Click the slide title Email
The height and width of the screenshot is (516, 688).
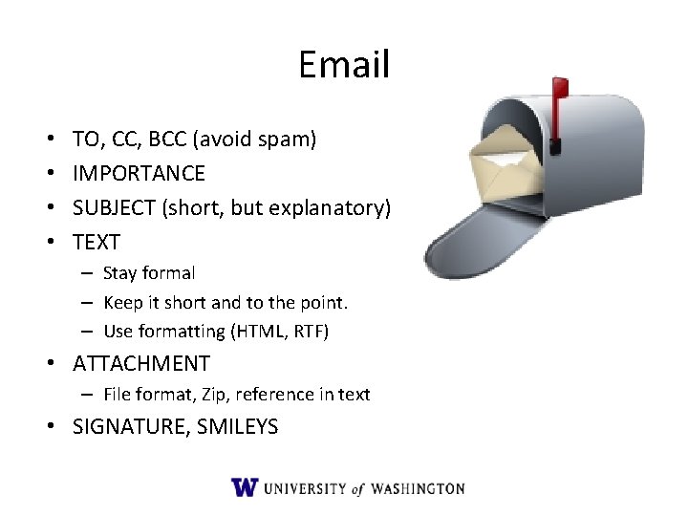click(344, 65)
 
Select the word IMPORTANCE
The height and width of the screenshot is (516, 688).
click(139, 174)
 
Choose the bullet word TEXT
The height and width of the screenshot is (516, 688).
click(97, 243)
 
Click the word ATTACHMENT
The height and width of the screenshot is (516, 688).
click(141, 364)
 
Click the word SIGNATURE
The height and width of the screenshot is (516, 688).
click(131, 427)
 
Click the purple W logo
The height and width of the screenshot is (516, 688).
click(245, 487)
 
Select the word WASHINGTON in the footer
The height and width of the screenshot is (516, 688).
click(418, 488)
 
